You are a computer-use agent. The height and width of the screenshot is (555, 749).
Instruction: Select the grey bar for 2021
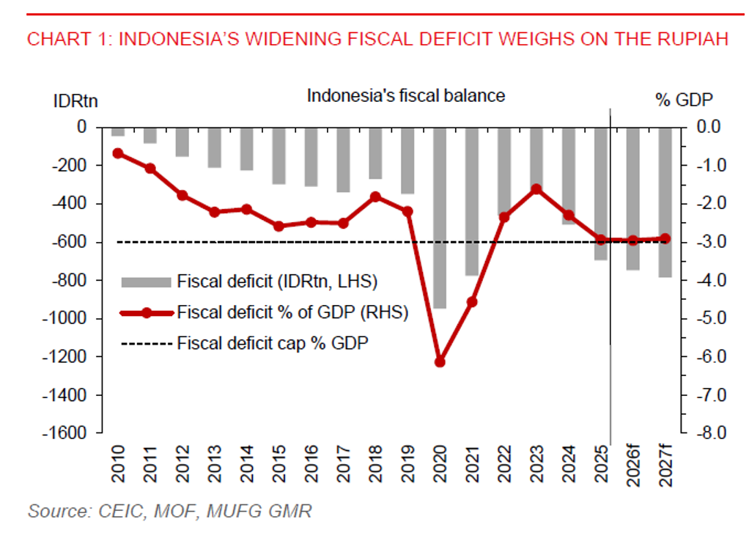(x=472, y=202)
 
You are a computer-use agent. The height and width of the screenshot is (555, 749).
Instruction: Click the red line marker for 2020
(x=440, y=361)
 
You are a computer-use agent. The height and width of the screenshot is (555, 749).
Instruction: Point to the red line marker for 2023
(x=536, y=189)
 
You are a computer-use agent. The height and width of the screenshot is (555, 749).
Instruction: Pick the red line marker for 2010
(x=117, y=153)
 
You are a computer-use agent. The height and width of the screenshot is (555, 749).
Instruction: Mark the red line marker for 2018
(x=375, y=196)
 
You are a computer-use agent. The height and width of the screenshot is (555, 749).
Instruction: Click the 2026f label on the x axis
(x=633, y=462)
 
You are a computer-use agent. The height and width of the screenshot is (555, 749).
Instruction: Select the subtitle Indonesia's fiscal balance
(x=405, y=96)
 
